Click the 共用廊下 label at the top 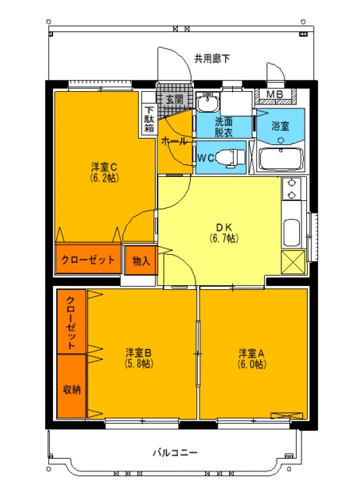point(212,58)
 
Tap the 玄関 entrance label point(175,100)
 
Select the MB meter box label point(275,96)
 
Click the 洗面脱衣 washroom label point(224,127)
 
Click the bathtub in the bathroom point(280,160)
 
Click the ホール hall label point(173,141)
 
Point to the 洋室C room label point(104,166)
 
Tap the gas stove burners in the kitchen point(292,188)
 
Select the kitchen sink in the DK point(292,231)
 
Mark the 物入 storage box point(141,260)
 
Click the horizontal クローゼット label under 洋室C point(88,259)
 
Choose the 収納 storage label point(71,390)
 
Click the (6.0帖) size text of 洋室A point(252,364)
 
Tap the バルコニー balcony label point(175,453)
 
